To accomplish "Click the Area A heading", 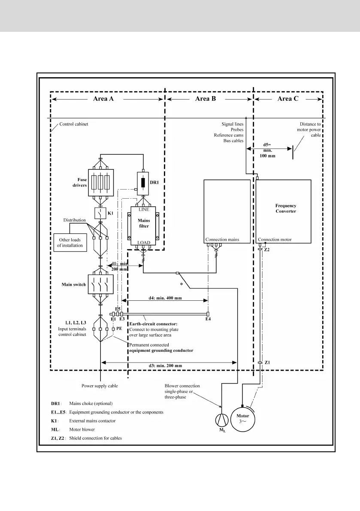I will [x=103, y=99].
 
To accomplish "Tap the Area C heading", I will [x=290, y=99].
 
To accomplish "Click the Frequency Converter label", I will [x=286, y=209].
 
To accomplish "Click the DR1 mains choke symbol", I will [x=143, y=183].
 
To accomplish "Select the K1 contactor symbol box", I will [x=100, y=213].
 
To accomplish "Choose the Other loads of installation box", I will [x=68, y=242].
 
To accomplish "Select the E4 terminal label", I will [x=208, y=319].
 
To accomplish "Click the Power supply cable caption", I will [x=100, y=386].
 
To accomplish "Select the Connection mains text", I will [x=222, y=239].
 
